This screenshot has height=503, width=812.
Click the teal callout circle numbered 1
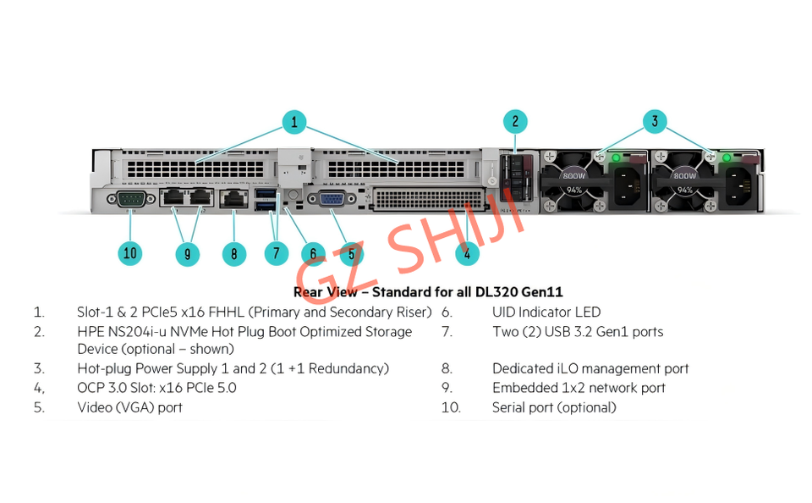coord(294,122)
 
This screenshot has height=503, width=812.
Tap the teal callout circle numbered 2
coord(515,121)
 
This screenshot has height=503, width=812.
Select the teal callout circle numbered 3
coord(654,121)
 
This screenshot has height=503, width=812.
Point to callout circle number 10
coord(129,252)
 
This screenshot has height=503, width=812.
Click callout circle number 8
coord(233,252)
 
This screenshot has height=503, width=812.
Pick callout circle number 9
coord(187,252)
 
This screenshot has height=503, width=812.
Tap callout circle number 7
coord(276,252)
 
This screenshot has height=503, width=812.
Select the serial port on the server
coord(129,200)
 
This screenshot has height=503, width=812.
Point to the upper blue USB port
coord(265,193)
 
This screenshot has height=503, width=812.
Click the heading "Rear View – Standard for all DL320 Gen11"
coord(428,292)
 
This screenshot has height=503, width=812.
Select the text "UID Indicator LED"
coord(546,312)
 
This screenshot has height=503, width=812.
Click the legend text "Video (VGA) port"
coord(129,407)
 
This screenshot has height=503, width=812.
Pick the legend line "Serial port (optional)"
coord(554,407)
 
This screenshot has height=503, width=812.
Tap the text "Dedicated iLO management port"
coord(590,368)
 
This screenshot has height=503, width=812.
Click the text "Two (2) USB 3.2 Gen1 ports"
coord(578,332)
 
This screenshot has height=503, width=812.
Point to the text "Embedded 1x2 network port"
coord(579,388)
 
